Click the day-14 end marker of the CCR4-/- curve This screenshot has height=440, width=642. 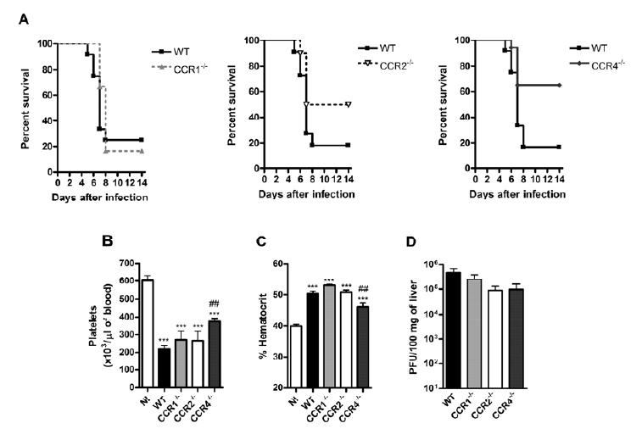point(557,86)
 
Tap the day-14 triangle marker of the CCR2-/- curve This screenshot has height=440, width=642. point(348,104)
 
